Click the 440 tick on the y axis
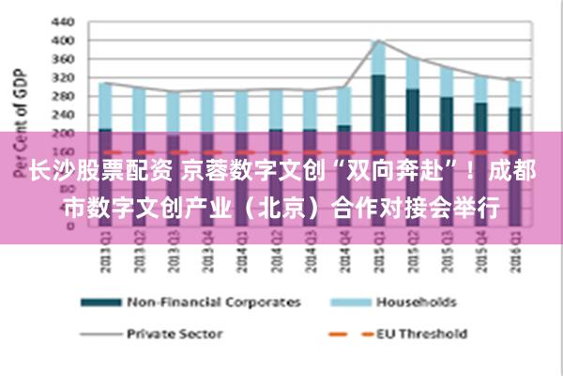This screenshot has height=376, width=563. [62, 22]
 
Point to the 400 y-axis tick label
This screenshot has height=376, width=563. [62, 40]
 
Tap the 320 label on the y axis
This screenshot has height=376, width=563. [62, 76]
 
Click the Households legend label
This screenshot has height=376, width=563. [416, 302]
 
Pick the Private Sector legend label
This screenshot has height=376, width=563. [174, 333]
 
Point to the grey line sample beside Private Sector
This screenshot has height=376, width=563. [99, 334]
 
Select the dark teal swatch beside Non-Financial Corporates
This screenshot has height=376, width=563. [99, 303]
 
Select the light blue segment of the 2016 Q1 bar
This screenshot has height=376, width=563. [514, 93]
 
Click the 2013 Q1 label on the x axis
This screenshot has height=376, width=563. [105, 253]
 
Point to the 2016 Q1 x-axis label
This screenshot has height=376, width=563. [514, 253]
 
